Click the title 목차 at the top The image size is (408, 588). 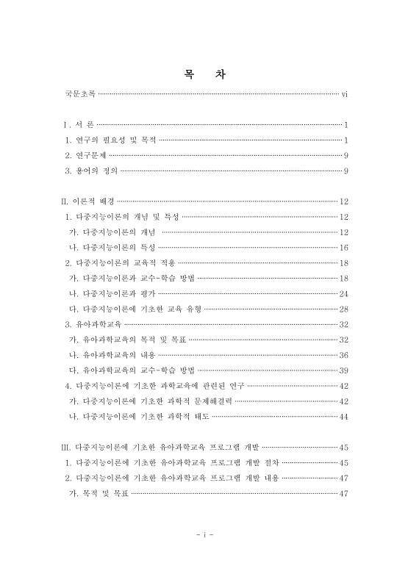pos(203,74)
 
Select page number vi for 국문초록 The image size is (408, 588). pos(345,94)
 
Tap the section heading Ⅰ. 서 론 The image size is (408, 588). pos(78,125)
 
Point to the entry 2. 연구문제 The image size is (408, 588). pos(85,155)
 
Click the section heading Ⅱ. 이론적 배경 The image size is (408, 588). pos(87,201)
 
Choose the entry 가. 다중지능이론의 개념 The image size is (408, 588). pos(112,232)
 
